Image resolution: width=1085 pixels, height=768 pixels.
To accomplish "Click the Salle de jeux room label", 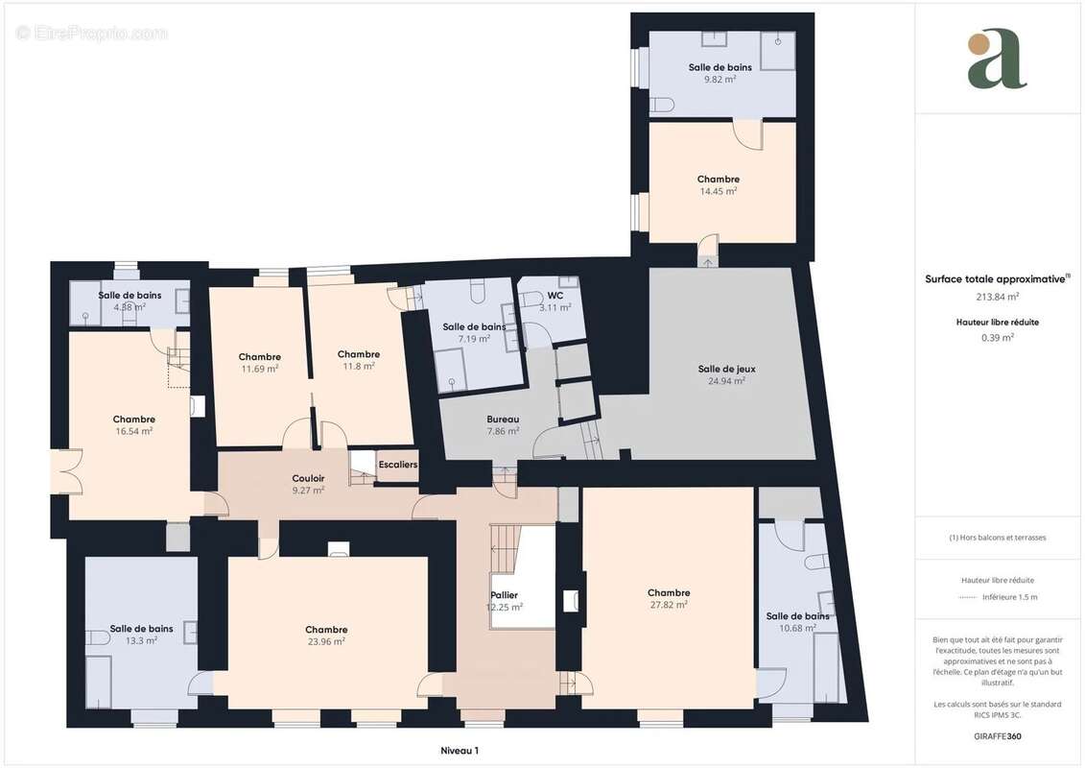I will point(720,369).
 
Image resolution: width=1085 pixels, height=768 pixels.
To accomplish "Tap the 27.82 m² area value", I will point(669,605).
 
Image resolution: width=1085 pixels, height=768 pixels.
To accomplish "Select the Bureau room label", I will point(503,420).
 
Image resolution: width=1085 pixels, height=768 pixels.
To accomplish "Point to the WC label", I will point(554,296).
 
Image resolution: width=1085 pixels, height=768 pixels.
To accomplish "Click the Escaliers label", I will point(398,465).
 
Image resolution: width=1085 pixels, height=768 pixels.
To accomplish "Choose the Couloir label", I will point(308,478).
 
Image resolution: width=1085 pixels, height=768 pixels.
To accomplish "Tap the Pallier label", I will point(504,595).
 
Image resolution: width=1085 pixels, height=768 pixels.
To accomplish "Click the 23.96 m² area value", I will point(326,641).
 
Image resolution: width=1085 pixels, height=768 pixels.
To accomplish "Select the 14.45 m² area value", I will point(718,191).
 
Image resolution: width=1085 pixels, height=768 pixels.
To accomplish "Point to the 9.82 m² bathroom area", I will point(719,80).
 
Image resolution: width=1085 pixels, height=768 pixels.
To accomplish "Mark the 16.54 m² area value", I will point(133,431).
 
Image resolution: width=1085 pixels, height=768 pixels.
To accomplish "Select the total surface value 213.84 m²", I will point(998,298).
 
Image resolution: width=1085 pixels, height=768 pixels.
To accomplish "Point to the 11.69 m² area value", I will point(260,369).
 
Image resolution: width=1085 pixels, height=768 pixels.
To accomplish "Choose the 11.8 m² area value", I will point(359,366).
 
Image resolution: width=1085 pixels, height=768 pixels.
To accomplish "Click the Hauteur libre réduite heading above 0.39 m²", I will point(998,323).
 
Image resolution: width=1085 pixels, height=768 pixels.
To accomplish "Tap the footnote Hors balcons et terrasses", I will point(998,538).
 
